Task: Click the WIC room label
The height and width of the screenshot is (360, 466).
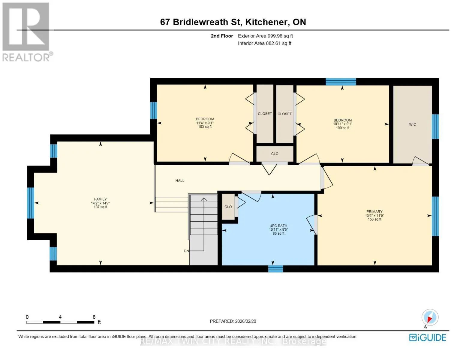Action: point(412,124)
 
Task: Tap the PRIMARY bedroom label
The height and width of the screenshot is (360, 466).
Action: point(374,211)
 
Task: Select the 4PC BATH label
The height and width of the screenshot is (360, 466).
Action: point(278,226)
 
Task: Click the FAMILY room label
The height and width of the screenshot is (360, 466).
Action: point(100,199)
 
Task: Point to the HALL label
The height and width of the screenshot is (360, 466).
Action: point(180,181)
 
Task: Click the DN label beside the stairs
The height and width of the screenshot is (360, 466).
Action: point(186,251)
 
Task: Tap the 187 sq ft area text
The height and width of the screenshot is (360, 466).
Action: point(100,207)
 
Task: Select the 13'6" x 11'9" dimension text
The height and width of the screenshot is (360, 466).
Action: point(374,215)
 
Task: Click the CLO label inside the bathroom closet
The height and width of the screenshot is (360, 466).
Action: point(228,207)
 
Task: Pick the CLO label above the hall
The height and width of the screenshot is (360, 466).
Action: point(275,154)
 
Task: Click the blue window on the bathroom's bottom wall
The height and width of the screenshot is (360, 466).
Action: point(275,269)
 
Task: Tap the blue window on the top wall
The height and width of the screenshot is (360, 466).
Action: point(341,82)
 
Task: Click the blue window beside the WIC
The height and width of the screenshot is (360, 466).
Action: point(435,127)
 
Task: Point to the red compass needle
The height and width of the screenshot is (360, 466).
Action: point(430,319)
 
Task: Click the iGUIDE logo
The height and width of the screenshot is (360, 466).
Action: point(428,337)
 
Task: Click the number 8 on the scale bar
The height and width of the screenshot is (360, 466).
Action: point(94,317)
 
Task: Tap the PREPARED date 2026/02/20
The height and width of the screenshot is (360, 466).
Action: point(245,321)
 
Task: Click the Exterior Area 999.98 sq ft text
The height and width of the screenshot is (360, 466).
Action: point(265,36)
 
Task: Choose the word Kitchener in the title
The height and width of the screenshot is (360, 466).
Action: point(266,22)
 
